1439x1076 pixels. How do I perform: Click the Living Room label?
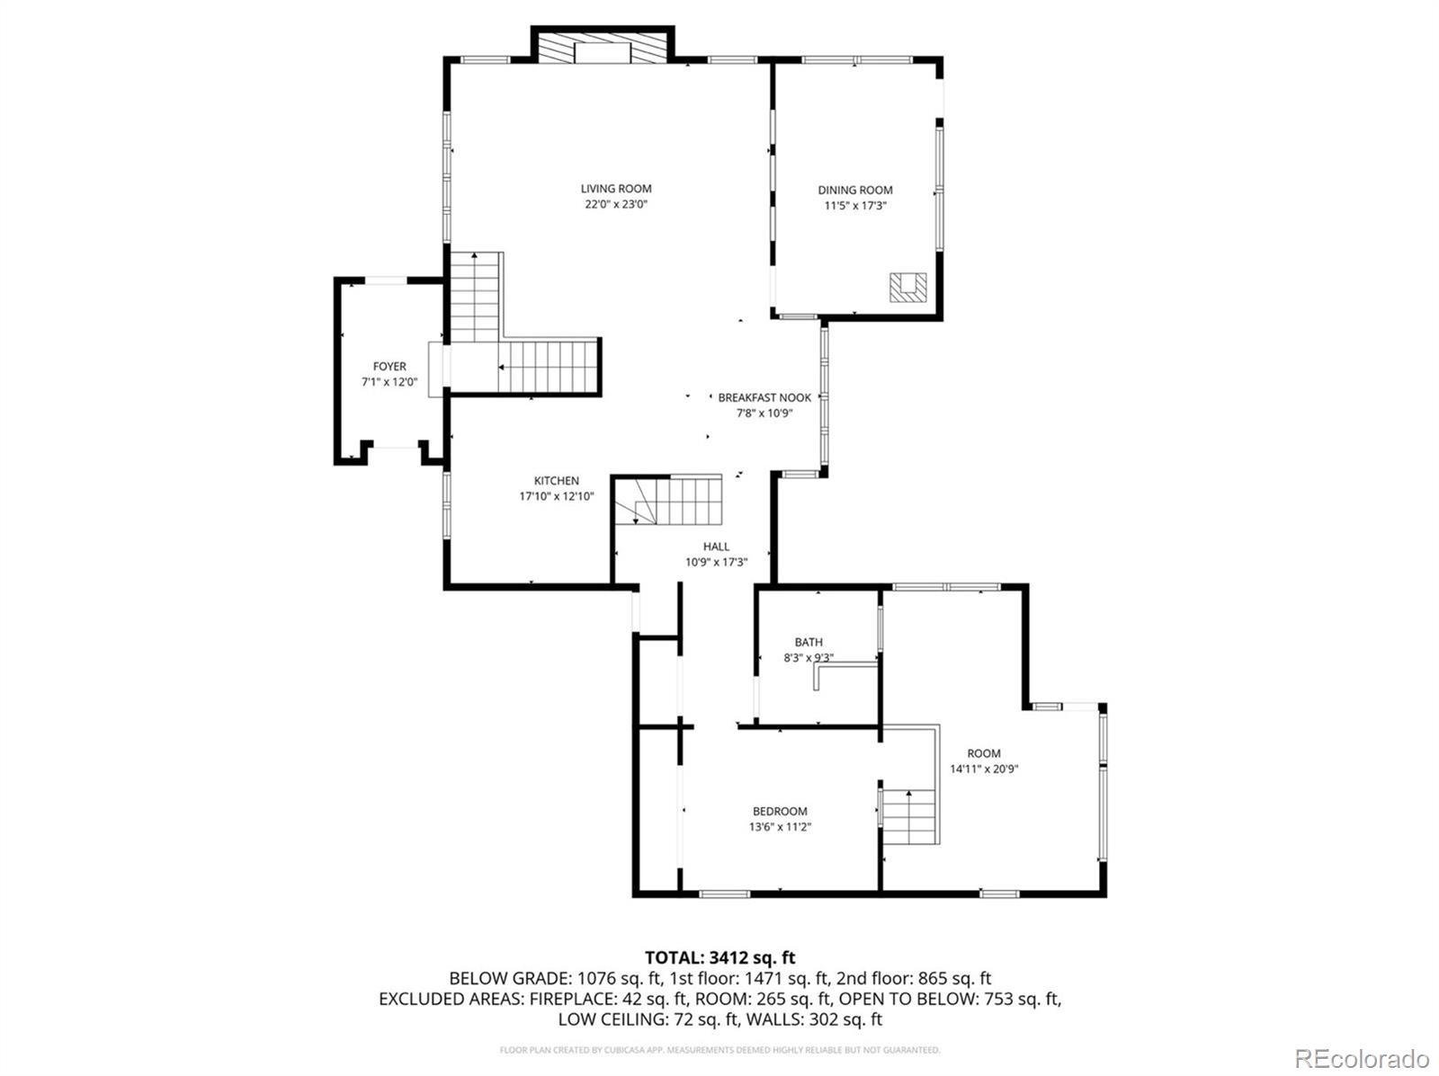[616, 189]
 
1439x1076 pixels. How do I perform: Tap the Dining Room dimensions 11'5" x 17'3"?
[854, 205]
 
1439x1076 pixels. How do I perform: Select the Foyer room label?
[389, 367]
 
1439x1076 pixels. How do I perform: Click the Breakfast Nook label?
[764, 397]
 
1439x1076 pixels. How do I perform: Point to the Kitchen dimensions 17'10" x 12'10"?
[557, 496]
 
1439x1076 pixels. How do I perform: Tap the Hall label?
[716, 547]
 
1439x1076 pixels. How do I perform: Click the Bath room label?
[808, 643]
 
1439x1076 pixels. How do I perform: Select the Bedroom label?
[780, 812]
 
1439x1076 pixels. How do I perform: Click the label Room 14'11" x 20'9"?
[984, 760]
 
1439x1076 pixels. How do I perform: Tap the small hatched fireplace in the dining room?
[907, 287]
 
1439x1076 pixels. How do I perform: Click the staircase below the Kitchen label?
[670, 502]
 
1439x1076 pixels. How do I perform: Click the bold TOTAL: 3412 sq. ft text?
[719, 958]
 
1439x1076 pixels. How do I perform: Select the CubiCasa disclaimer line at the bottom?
[719, 1050]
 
